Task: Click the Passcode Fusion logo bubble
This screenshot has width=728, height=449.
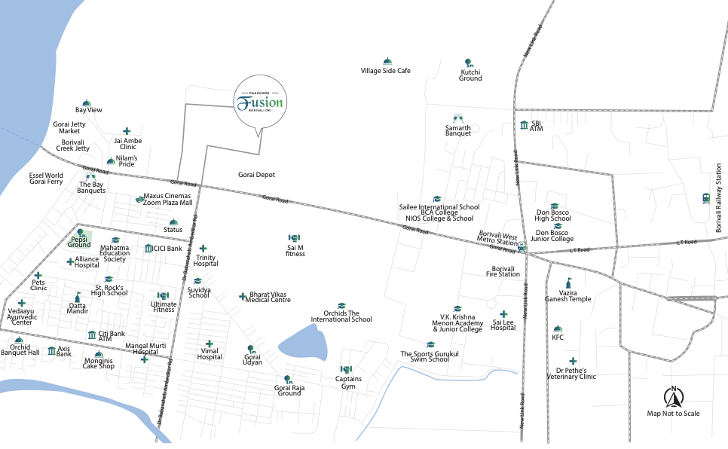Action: (259, 102)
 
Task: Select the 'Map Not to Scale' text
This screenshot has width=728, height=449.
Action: (673, 414)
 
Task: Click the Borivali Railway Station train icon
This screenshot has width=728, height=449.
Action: (706, 198)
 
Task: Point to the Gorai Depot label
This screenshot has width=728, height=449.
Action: (256, 175)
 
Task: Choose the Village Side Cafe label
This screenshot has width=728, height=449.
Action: (386, 71)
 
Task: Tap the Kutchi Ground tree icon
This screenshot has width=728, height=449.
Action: (470, 63)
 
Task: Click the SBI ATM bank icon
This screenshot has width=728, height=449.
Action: (524, 124)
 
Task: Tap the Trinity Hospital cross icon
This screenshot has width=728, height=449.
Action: (203, 248)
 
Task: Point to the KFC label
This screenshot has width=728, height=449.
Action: (558, 338)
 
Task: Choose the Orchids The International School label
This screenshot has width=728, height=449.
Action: (341, 316)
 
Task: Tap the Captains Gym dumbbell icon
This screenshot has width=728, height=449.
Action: (346, 369)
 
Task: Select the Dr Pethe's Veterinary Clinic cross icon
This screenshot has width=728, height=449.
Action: (574, 361)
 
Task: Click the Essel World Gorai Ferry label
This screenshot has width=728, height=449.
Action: (46, 179)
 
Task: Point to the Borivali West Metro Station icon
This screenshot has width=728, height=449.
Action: (522, 245)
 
